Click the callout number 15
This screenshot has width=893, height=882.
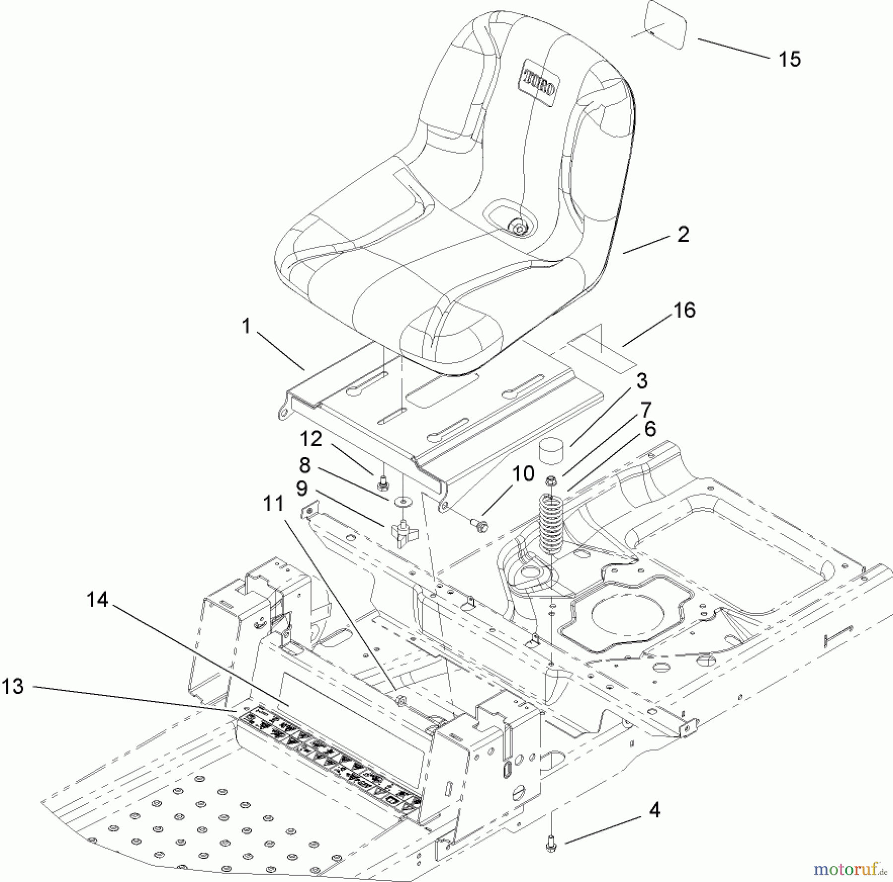coord(789,59)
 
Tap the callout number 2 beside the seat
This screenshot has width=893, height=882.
coord(683,234)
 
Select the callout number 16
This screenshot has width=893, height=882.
coord(684,310)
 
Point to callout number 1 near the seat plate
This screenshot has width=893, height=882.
coord(246,326)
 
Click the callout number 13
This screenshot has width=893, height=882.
coord(13,686)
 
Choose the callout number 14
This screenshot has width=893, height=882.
coord(97,600)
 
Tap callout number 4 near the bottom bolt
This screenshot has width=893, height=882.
coord(655,810)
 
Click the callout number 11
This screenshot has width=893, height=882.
coord(273,504)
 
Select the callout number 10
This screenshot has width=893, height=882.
coord(523,474)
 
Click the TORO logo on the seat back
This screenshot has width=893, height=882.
coord(539,83)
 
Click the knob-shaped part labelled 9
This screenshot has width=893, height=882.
coord(404,533)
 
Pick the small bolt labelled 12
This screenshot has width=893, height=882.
coord(382,479)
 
